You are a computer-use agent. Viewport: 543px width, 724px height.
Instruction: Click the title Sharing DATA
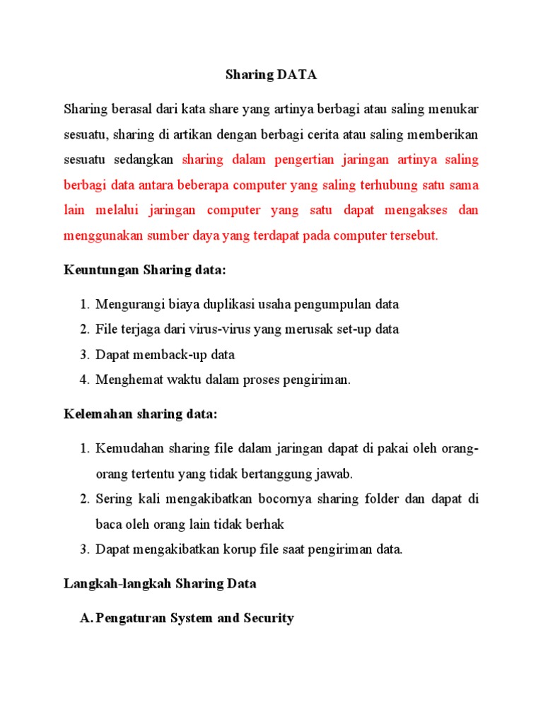(x=271, y=74)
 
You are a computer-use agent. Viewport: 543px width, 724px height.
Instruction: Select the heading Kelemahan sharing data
(x=141, y=413)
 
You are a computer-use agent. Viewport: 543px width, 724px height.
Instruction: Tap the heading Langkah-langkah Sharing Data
(x=160, y=583)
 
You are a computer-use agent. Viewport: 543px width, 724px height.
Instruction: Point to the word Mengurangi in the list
(x=130, y=305)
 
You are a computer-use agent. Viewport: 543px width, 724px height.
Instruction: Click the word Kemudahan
(x=129, y=448)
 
